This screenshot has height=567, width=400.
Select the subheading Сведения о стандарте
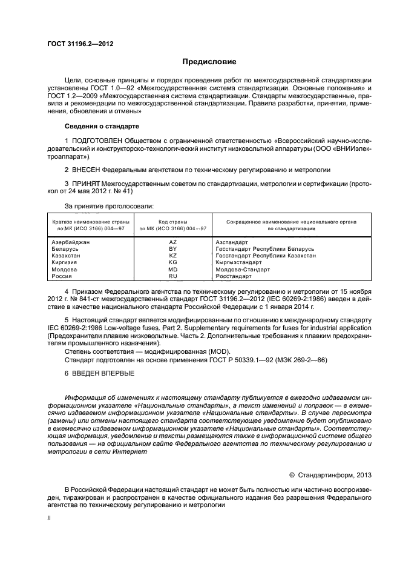pos(101,126)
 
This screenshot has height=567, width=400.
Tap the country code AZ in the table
pos(172,242)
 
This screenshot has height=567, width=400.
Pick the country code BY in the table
pos(172,249)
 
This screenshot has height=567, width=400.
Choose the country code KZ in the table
pos(172,256)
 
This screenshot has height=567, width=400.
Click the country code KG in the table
pos(172,262)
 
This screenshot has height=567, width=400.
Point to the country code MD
pos(172,269)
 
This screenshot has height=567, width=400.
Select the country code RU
pos(172,276)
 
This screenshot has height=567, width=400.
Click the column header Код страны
pos(172,222)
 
